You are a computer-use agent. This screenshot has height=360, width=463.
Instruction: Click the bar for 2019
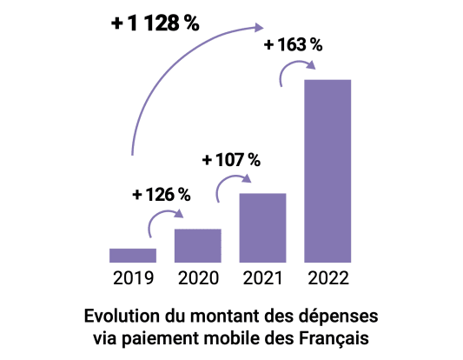click(x=133, y=255)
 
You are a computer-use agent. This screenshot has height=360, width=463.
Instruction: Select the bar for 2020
click(x=198, y=244)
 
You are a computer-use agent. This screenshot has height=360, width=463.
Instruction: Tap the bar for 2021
click(x=262, y=227)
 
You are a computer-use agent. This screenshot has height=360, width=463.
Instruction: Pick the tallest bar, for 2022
click(x=327, y=170)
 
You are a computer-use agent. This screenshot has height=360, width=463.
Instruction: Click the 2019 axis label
click(x=133, y=278)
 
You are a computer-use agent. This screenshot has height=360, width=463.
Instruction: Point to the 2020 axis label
click(x=198, y=278)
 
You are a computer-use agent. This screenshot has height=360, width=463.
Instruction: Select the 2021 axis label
click(x=262, y=278)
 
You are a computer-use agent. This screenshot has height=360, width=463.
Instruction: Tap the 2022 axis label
click(x=327, y=278)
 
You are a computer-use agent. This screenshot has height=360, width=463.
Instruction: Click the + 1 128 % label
click(x=155, y=24)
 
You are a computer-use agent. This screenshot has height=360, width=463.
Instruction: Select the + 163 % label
click(x=292, y=43)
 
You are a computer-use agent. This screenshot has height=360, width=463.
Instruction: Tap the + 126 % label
click(x=162, y=195)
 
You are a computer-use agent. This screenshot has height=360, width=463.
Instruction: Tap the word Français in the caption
click(x=337, y=336)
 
